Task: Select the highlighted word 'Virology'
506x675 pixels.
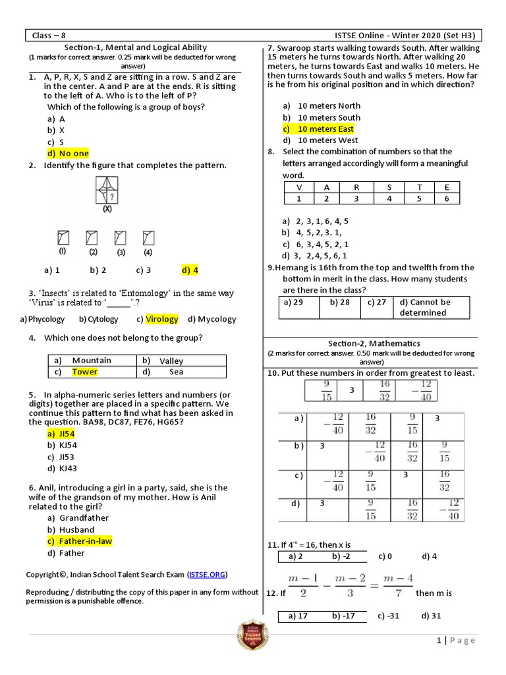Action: [x=162, y=319]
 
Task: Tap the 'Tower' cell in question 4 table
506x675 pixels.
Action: [x=84, y=372]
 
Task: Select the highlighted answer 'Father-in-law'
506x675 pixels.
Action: [x=86, y=541]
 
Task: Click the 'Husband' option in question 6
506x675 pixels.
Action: [x=76, y=529]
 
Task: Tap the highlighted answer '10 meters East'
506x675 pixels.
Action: [x=325, y=129]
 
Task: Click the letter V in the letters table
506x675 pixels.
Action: [x=298, y=187]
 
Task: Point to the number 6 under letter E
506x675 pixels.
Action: [x=447, y=198]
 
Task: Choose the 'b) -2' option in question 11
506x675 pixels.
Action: [x=341, y=556]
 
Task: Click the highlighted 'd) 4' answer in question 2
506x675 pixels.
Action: [x=189, y=270]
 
